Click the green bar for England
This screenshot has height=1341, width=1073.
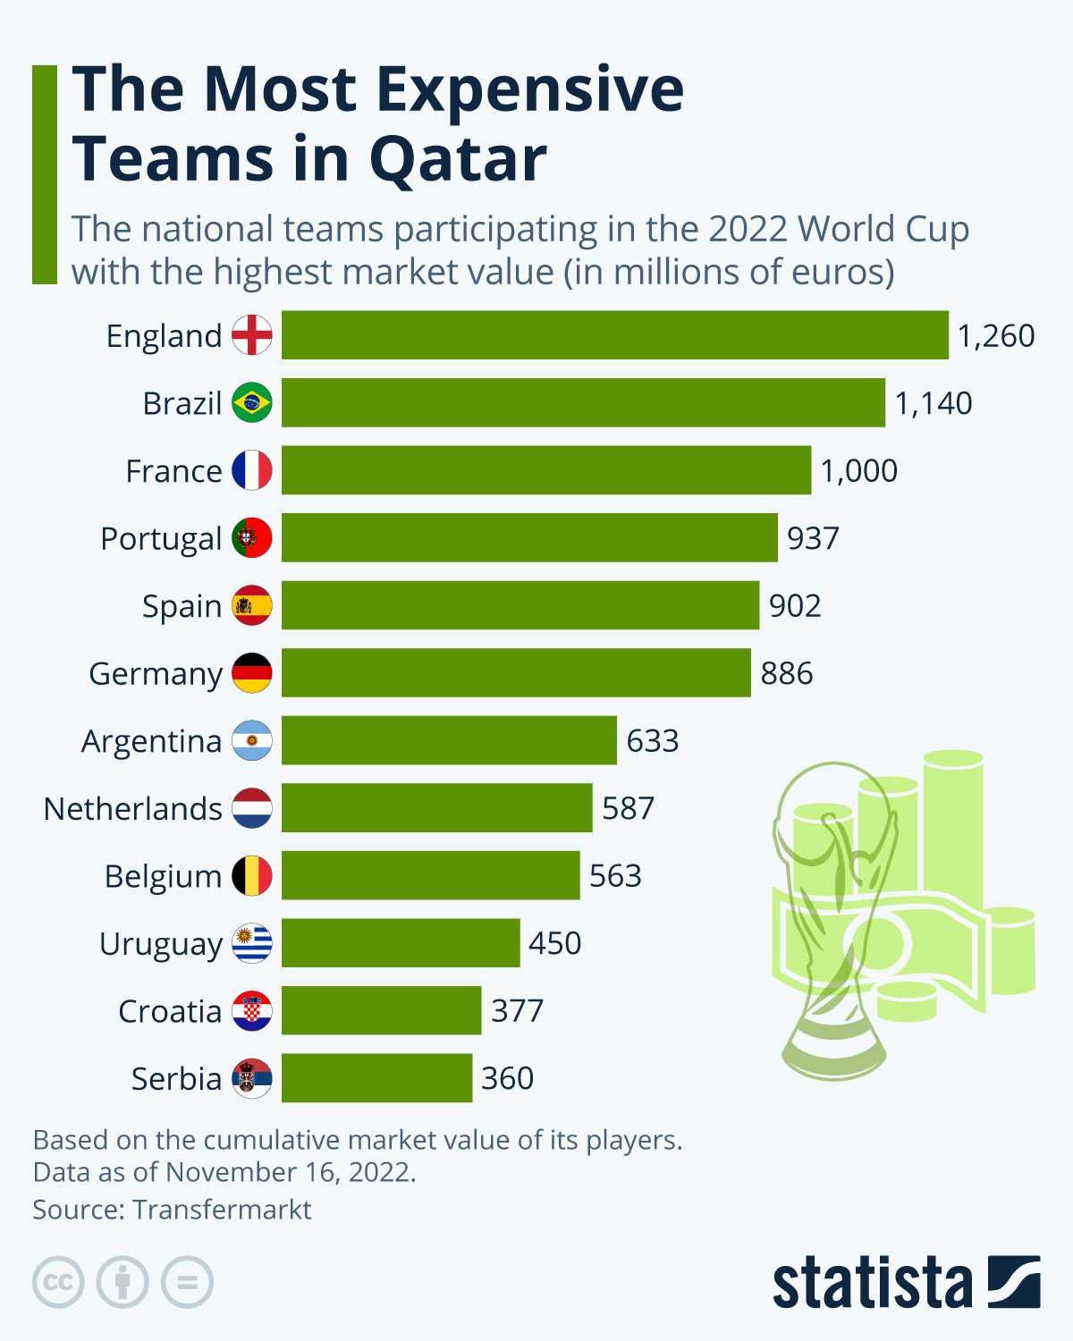pyautogui.click(x=614, y=335)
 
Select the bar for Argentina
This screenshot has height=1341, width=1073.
pyautogui.click(x=449, y=740)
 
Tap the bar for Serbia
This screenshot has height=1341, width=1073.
pyautogui.click(x=376, y=1078)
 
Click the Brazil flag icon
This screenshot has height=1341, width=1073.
pyautogui.click(x=252, y=403)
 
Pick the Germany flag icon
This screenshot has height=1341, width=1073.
pyautogui.click(x=252, y=673)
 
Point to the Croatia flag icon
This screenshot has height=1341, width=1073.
pyautogui.click(x=252, y=1011)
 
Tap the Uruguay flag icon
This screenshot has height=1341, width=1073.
pyautogui.click(x=252, y=943)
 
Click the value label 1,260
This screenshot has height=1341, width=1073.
pyautogui.click(x=995, y=336)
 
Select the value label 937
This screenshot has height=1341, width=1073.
pyautogui.click(x=813, y=538)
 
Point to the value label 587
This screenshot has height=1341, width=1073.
pyautogui.click(x=628, y=808)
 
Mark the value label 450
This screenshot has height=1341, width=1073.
pyautogui.click(x=554, y=943)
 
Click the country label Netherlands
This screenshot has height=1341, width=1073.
pyautogui.click(x=132, y=808)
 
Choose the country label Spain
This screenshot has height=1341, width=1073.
pyautogui.click(x=182, y=606)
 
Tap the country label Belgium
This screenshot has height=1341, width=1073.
pyautogui.click(x=163, y=876)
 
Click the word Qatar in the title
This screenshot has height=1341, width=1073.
pyautogui.click(x=457, y=159)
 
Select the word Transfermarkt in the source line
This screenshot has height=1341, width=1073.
pyautogui.click(x=222, y=1210)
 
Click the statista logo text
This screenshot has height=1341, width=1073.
pyautogui.click(x=872, y=1284)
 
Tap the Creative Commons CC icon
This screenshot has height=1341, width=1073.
pyautogui.click(x=58, y=1283)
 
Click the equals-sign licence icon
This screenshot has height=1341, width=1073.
pyautogui.click(x=187, y=1283)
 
